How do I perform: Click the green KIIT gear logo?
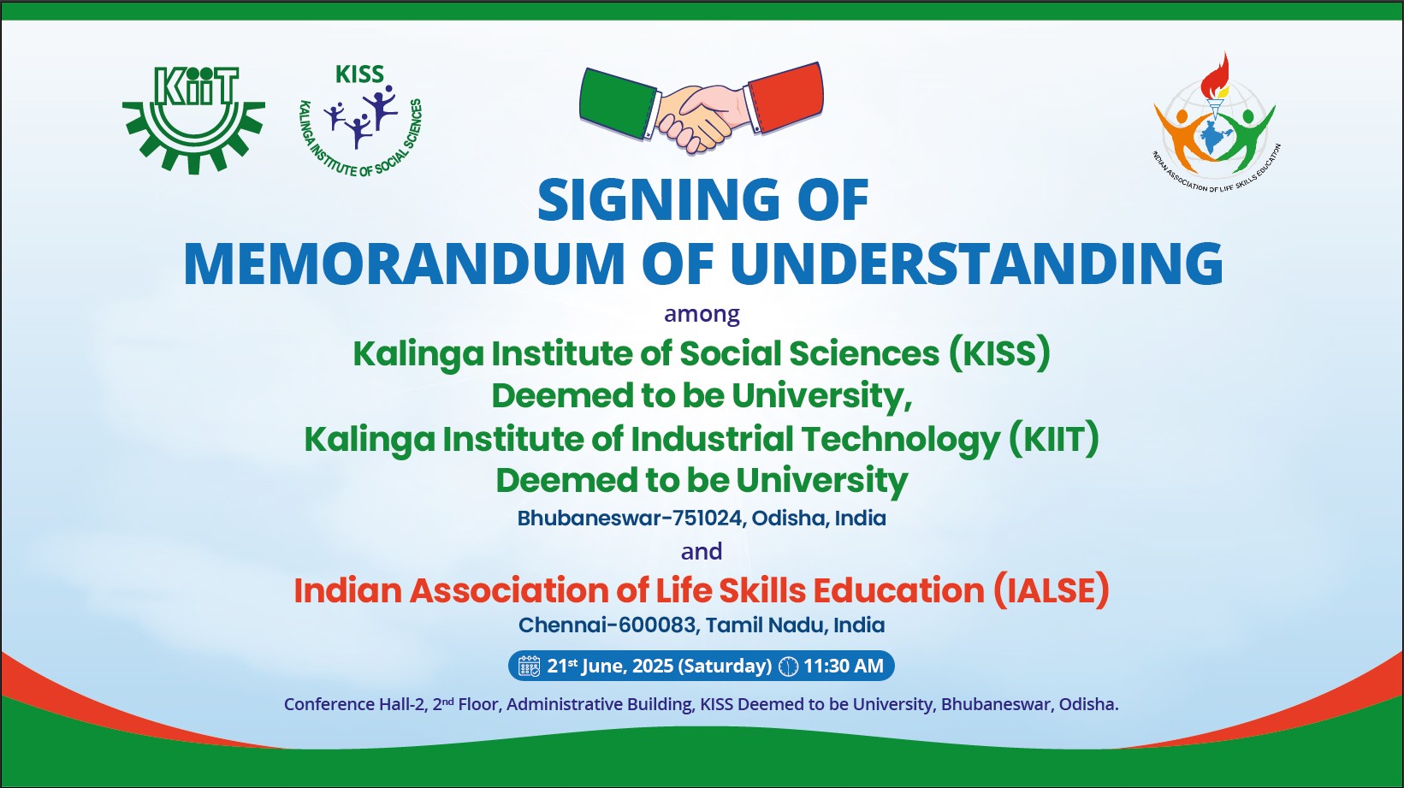coord(193,119)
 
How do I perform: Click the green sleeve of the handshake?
coord(618,104)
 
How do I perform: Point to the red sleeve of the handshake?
coord(785,98)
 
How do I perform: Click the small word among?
coord(702,313)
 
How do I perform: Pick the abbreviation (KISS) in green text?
coord(999,353)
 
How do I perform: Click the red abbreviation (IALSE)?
coord(1052,590)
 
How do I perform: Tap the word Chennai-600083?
coord(607,625)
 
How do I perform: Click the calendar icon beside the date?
coord(530,666)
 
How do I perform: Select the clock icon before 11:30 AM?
coord(789,666)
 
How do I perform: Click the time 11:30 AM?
coord(844,666)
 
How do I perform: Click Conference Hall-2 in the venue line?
coord(354,705)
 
